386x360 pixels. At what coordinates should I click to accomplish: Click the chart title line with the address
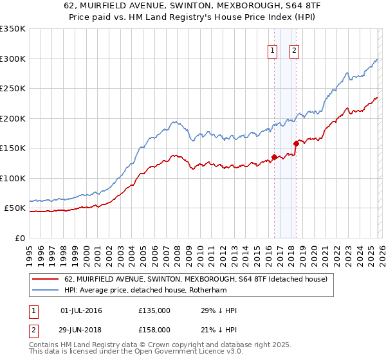click(x=193, y=6)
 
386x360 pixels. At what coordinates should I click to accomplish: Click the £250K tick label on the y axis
click(x=13, y=89)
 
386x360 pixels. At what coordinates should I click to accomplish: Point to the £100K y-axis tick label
click(x=13, y=178)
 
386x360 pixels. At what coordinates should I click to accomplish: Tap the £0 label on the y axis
click(x=20, y=238)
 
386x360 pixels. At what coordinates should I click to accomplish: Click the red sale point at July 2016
click(x=274, y=156)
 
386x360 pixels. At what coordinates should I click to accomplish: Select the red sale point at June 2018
click(x=296, y=143)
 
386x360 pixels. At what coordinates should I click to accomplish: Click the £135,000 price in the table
click(x=154, y=310)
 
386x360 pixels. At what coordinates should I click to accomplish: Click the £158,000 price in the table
click(x=154, y=329)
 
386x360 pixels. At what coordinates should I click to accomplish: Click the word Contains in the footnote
click(x=44, y=345)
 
